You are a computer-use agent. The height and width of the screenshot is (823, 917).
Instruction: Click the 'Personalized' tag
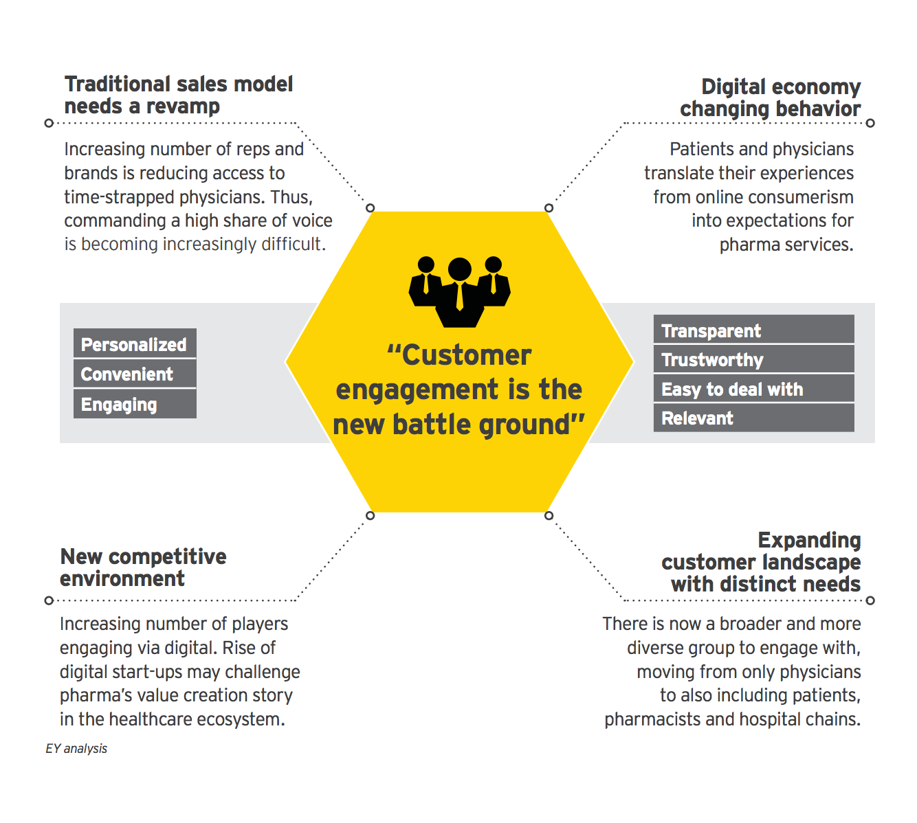pos(135,344)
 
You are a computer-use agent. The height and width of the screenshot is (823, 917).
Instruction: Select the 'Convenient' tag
pos(135,374)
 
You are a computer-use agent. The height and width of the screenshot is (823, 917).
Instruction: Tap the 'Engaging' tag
pos(135,405)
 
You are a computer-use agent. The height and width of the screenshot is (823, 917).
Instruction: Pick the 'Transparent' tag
pos(753,330)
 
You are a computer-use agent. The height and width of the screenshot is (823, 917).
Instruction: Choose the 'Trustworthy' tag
pos(753,360)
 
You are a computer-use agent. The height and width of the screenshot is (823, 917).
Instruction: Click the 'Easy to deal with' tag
pos(753,390)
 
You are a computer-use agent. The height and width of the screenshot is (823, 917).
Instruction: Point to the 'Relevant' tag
pos(753,418)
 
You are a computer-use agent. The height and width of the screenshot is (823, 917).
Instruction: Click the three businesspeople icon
pos(459,291)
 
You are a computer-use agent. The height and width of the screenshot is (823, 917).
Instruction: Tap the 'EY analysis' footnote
pos(76,749)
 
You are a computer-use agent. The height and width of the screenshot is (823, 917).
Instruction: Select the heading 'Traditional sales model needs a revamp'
pos(179,95)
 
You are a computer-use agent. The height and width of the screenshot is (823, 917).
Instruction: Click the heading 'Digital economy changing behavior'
pos(771,98)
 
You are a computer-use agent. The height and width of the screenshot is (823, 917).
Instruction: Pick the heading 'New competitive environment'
pos(143,567)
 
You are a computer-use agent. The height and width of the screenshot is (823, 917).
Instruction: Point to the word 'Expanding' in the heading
pos(809,541)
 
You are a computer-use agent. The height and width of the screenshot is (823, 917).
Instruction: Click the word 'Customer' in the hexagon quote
pos(466,356)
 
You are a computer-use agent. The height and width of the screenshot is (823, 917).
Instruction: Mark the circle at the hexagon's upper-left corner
pos(371,208)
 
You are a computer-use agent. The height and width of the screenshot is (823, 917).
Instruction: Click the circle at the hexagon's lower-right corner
pos(549,515)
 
